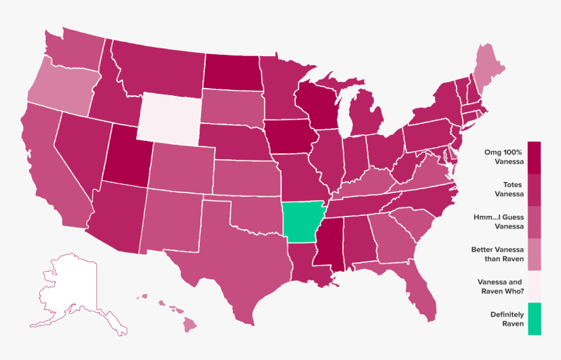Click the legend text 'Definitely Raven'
tap(507, 319)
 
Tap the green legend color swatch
tap(534, 319)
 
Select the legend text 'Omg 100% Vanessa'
tap(506, 157)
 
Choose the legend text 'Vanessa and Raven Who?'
tap(501, 286)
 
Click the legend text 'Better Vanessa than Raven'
tap(497, 254)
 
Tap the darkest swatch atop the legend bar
tap(534, 157)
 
